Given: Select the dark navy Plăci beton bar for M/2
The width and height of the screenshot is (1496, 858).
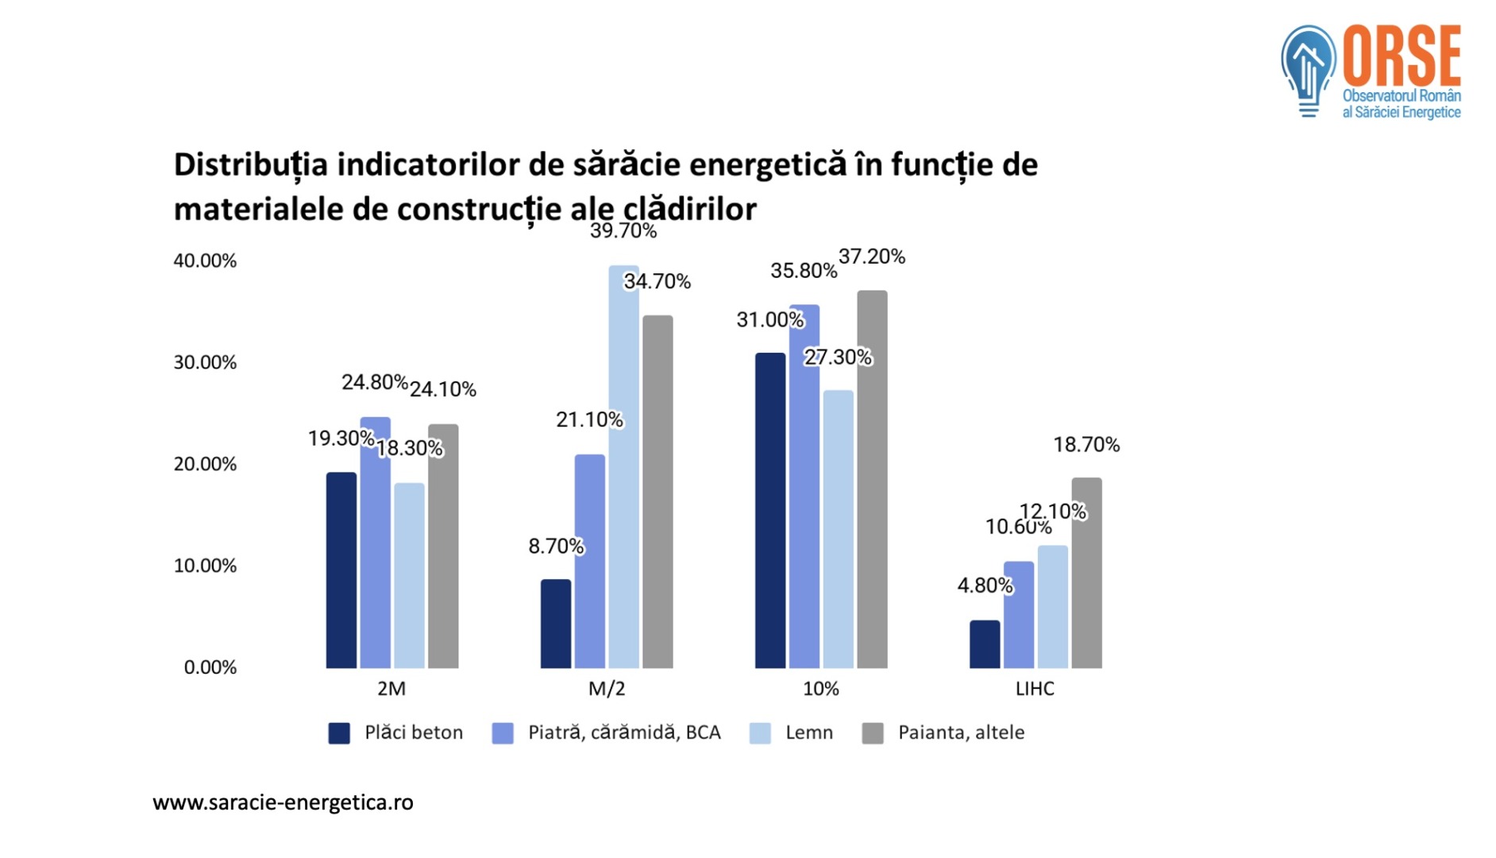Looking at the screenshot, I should [556, 624].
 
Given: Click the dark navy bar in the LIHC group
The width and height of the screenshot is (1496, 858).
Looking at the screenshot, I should [985, 644].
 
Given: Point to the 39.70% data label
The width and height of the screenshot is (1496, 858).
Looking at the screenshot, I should [623, 231].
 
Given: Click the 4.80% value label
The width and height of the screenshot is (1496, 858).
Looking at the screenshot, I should [985, 586].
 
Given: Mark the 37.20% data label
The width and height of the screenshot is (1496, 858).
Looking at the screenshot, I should [872, 257].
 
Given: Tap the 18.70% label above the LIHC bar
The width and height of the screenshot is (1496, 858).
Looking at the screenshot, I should [1086, 445].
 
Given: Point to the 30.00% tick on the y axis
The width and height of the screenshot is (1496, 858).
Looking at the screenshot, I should [205, 362].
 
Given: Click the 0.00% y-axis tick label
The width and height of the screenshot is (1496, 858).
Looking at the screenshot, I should [210, 667].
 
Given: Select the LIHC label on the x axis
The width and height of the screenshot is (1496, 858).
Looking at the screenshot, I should [1035, 689].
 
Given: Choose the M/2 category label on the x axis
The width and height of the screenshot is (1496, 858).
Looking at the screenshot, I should [607, 689].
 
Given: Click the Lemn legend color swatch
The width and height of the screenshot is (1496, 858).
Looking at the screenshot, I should [760, 733].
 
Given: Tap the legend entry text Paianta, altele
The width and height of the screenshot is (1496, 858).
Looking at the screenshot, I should [961, 732].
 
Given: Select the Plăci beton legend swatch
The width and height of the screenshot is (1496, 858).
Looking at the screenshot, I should [339, 733].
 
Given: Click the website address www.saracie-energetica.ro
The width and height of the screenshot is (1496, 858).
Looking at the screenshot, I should [283, 802].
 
